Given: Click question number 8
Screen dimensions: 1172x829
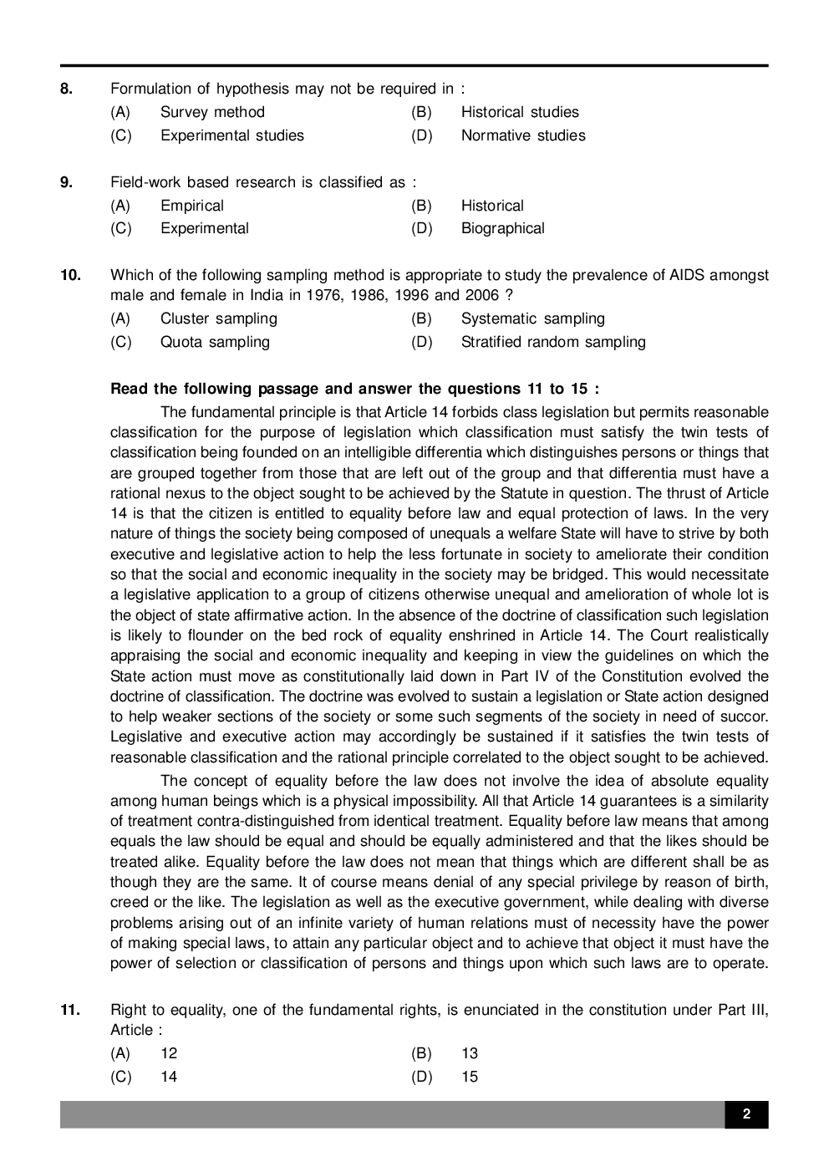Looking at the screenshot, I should click(x=67, y=89).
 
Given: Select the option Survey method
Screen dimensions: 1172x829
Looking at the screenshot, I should click(x=212, y=112).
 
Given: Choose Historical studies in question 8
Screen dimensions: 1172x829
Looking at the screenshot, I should click(x=519, y=112).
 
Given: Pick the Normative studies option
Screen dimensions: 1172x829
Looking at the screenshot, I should click(x=523, y=135).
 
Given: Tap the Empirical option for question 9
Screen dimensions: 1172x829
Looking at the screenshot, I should click(x=192, y=206).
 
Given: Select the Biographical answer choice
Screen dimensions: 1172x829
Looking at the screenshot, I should click(x=502, y=228).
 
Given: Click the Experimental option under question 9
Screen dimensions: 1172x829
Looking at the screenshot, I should click(x=205, y=228).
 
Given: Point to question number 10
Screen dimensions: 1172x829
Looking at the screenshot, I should click(x=70, y=275).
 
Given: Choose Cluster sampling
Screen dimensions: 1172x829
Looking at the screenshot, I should click(x=218, y=318).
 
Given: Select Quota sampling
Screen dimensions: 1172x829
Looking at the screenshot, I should click(x=215, y=342).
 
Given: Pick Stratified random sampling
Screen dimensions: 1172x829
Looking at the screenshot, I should click(x=553, y=342).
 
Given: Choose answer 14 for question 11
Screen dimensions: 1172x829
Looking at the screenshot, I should click(x=169, y=1077).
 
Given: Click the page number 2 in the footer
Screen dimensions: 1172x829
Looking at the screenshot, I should click(x=745, y=1114).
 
